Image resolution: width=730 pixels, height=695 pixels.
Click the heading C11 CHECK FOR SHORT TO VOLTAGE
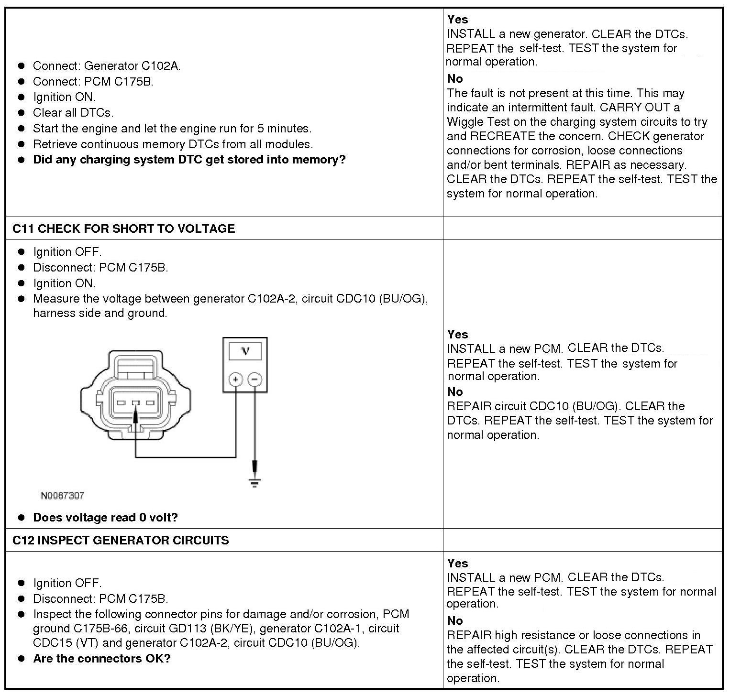(x=123, y=228)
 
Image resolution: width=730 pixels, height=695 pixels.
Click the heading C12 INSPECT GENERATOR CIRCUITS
(x=121, y=540)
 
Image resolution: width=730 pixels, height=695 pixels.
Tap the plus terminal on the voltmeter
(x=235, y=380)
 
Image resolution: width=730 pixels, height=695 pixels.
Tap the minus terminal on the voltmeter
(x=254, y=380)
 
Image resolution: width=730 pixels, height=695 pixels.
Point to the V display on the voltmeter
(x=245, y=351)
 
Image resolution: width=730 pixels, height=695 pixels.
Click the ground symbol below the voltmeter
(x=254, y=482)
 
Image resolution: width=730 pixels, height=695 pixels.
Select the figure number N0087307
(x=62, y=496)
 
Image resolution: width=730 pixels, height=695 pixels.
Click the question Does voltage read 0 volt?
(x=105, y=517)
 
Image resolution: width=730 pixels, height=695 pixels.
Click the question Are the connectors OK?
(x=101, y=658)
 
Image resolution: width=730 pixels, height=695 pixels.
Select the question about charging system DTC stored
(x=189, y=160)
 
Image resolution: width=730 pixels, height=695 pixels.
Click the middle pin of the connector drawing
(x=136, y=402)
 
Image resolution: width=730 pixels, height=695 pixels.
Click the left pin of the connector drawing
(x=121, y=402)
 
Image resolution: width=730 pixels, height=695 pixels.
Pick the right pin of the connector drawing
(x=150, y=402)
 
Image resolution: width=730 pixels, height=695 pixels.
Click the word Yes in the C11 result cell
(x=457, y=334)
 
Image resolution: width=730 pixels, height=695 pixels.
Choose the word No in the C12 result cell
(x=454, y=620)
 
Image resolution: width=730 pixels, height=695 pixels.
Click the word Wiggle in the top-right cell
(x=464, y=121)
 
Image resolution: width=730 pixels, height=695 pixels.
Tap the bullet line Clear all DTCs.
(x=73, y=113)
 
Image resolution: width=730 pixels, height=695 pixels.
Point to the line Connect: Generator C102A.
(x=107, y=66)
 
